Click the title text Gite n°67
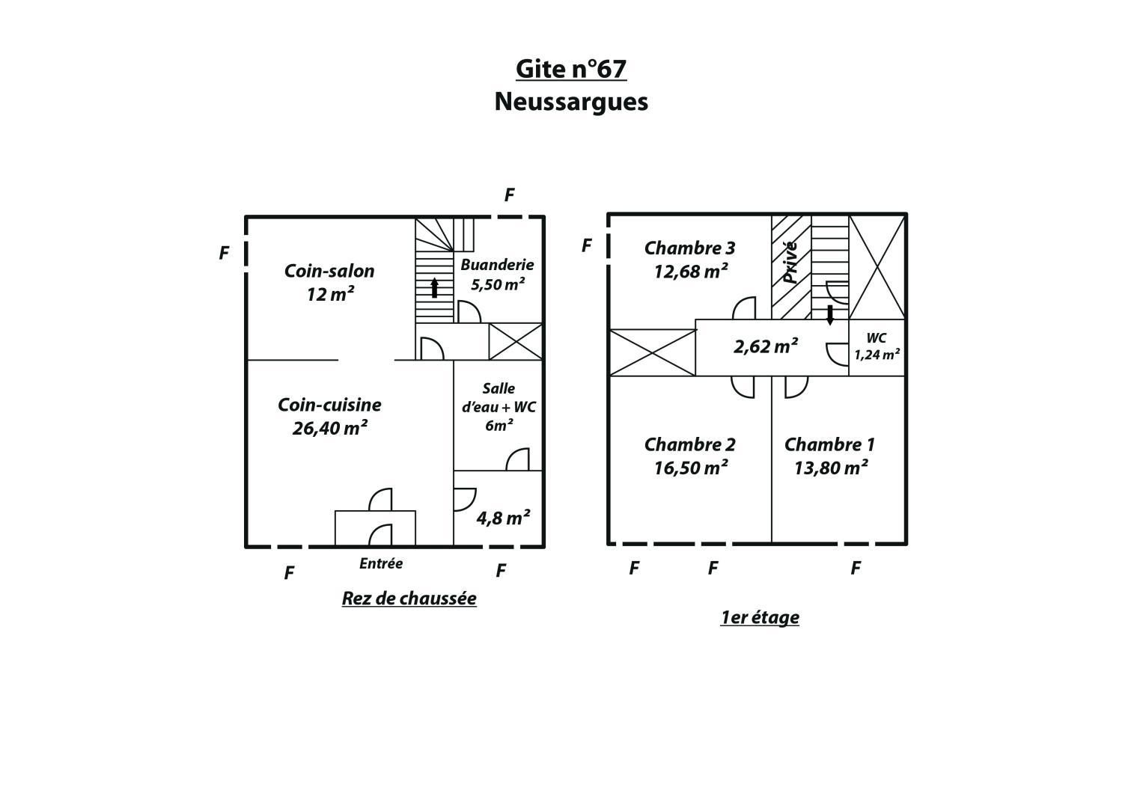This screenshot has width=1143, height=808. (x=571, y=69)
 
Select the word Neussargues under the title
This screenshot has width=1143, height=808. (x=571, y=102)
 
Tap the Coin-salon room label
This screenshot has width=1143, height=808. (x=329, y=271)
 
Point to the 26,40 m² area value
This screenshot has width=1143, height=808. (x=329, y=427)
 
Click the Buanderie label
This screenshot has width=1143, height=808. (x=497, y=265)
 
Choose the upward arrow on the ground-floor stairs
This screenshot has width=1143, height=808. (x=434, y=288)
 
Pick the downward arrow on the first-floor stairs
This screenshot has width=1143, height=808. (x=830, y=315)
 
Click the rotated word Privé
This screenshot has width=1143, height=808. (x=790, y=262)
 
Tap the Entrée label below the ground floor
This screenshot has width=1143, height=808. (x=381, y=563)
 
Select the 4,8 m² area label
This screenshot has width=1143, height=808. (x=503, y=518)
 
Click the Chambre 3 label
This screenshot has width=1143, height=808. (x=689, y=248)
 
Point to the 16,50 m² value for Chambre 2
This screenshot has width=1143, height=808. (x=690, y=468)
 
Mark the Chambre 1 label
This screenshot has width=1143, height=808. (x=829, y=444)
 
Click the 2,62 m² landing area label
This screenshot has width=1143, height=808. (x=766, y=346)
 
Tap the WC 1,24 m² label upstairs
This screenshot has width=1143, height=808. (x=877, y=346)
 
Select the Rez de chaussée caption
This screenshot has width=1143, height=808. (x=409, y=599)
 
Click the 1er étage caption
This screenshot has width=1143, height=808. (x=760, y=618)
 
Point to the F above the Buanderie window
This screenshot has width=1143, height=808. (x=509, y=195)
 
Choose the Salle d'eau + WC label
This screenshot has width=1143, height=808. (x=499, y=407)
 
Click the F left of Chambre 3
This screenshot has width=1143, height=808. (x=587, y=246)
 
